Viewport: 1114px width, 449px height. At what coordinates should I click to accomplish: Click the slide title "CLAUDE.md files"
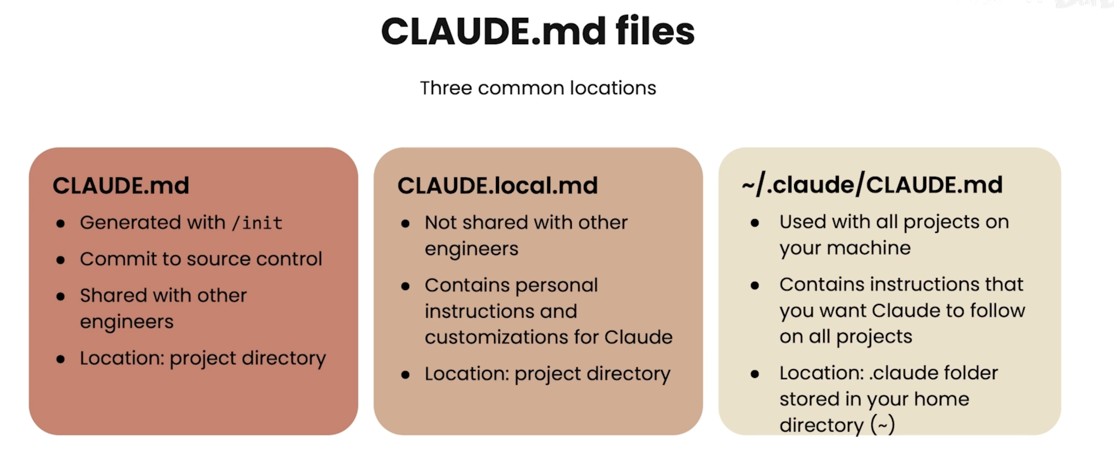click(x=537, y=31)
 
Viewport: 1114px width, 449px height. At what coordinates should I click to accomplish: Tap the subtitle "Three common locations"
click(x=537, y=88)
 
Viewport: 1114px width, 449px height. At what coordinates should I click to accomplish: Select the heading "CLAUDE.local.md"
click(x=497, y=186)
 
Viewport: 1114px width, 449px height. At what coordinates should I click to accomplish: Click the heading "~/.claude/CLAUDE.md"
click(x=872, y=185)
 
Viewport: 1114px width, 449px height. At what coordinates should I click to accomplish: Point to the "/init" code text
click(x=257, y=223)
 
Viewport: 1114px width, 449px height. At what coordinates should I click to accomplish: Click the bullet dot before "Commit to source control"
click(x=61, y=260)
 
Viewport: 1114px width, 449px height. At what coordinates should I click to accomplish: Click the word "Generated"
click(x=130, y=223)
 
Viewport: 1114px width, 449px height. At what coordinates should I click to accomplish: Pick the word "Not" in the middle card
click(x=441, y=223)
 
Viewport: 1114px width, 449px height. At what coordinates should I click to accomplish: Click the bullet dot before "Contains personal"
click(x=405, y=286)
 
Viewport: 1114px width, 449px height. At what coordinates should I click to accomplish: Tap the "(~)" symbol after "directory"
click(x=883, y=425)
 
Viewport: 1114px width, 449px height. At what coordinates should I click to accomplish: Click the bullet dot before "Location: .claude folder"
click(x=755, y=374)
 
